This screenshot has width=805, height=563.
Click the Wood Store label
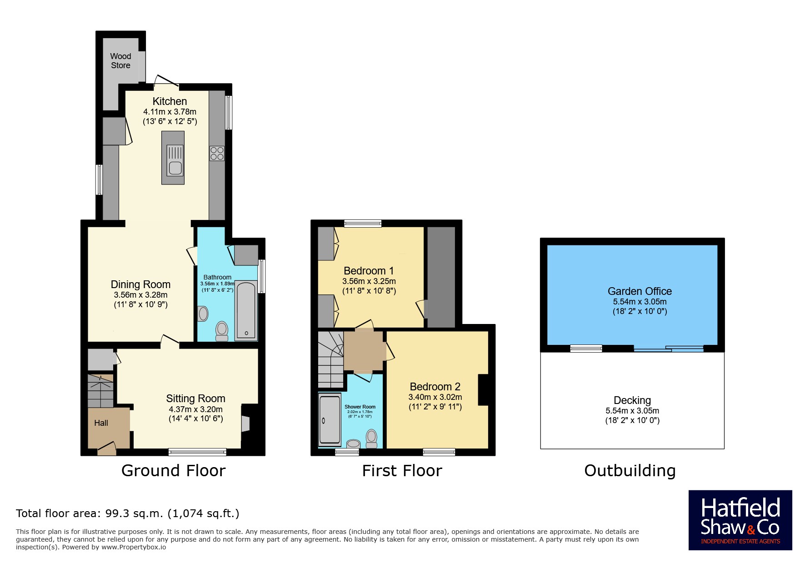(120, 61)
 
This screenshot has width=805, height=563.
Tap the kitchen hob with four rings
(217, 153)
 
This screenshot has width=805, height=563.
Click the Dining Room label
(140, 284)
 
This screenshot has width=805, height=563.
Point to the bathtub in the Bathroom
(246, 311)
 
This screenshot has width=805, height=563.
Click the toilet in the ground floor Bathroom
(222, 331)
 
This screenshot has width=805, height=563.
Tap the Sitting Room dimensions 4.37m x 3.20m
(195, 409)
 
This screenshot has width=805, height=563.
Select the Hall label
(101, 423)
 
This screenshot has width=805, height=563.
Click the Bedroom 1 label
(369, 271)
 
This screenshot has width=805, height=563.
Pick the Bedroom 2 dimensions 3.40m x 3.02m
(435, 397)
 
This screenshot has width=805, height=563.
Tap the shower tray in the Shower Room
(330, 419)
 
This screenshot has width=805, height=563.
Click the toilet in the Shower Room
(371, 438)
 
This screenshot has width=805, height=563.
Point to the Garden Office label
(640, 291)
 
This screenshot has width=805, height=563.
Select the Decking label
(632, 400)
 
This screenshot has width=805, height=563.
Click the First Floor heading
(402, 471)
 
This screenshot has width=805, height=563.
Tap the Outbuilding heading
(630, 471)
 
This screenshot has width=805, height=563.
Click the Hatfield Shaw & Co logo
(740, 520)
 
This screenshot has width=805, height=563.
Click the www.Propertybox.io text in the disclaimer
(134, 547)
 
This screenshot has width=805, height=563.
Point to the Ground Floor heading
(173, 471)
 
